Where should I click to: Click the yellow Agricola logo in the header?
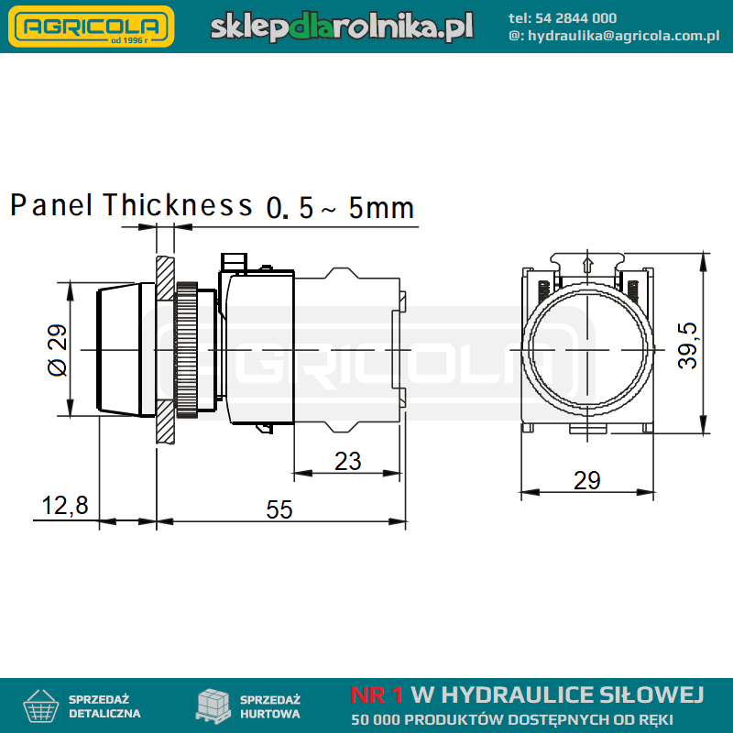coord(91,27)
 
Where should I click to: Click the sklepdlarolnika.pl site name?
coord(342,27)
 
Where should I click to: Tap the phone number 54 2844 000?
coord(575,18)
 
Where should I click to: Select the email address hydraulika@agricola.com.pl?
coord(624,36)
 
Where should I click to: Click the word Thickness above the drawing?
coord(178,204)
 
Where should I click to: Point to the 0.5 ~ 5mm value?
coord(340,208)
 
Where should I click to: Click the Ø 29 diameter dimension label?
coord(58,350)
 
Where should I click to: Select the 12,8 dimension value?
coord(65,506)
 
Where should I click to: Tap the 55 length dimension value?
coord(279,509)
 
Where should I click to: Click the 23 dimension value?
coord(348,462)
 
